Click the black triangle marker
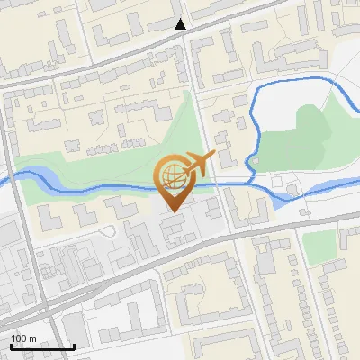click(181, 24)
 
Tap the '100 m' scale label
click(23, 338)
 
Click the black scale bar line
click(41, 346)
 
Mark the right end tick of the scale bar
click(74, 345)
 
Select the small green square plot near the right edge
click(319, 245)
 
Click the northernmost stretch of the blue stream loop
click(297, 83)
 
